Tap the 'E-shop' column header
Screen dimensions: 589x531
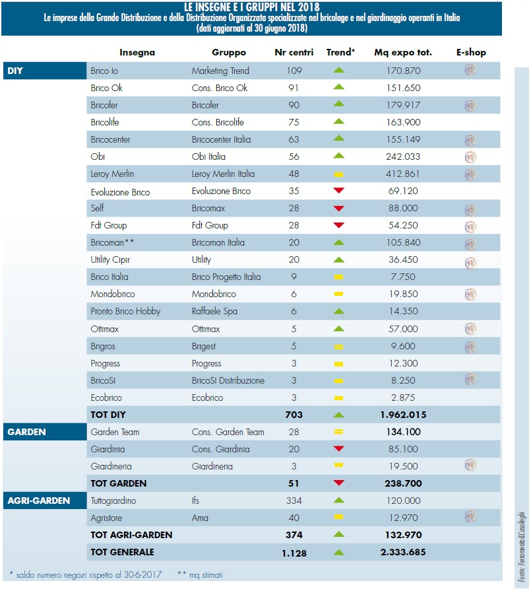(x=470, y=52)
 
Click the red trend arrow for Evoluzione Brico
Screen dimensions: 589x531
(x=338, y=191)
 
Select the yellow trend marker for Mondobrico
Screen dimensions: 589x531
(x=338, y=293)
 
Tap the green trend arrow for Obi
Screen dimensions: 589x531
(x=338, y=157)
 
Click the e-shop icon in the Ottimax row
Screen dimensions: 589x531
(x=470, y=328)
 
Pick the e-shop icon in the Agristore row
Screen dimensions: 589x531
(x=470, y=516)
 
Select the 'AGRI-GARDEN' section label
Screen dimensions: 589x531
(x=39, y=500)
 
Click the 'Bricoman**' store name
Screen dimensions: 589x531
(x=113, y=242)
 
